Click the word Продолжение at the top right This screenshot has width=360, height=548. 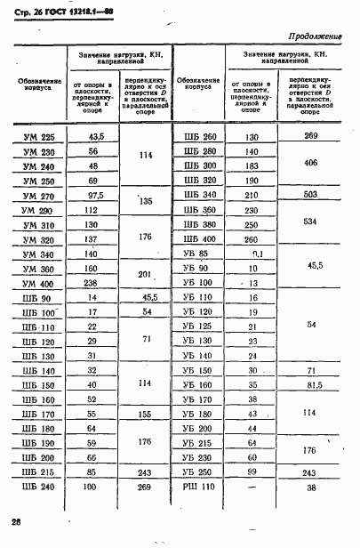[316, 36]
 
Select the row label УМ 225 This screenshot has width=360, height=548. [36, 136]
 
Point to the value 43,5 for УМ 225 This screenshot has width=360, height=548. [91, 136]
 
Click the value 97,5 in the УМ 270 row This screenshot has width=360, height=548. [91, 195]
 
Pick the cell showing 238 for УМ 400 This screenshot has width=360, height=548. [91, 283]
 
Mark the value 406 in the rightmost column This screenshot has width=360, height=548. [310, 164]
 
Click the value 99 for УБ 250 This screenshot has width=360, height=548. [252, 471]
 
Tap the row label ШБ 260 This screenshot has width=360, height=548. [199, 136]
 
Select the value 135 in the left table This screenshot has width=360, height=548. [144, 202]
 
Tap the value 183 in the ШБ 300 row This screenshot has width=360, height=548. [252, 165]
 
